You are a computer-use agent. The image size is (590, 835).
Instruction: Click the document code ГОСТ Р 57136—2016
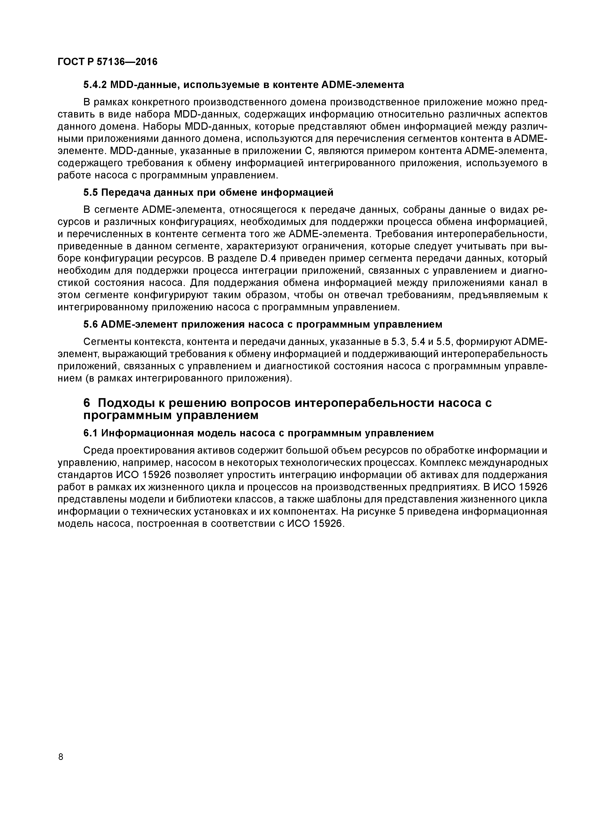click(108, 62)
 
